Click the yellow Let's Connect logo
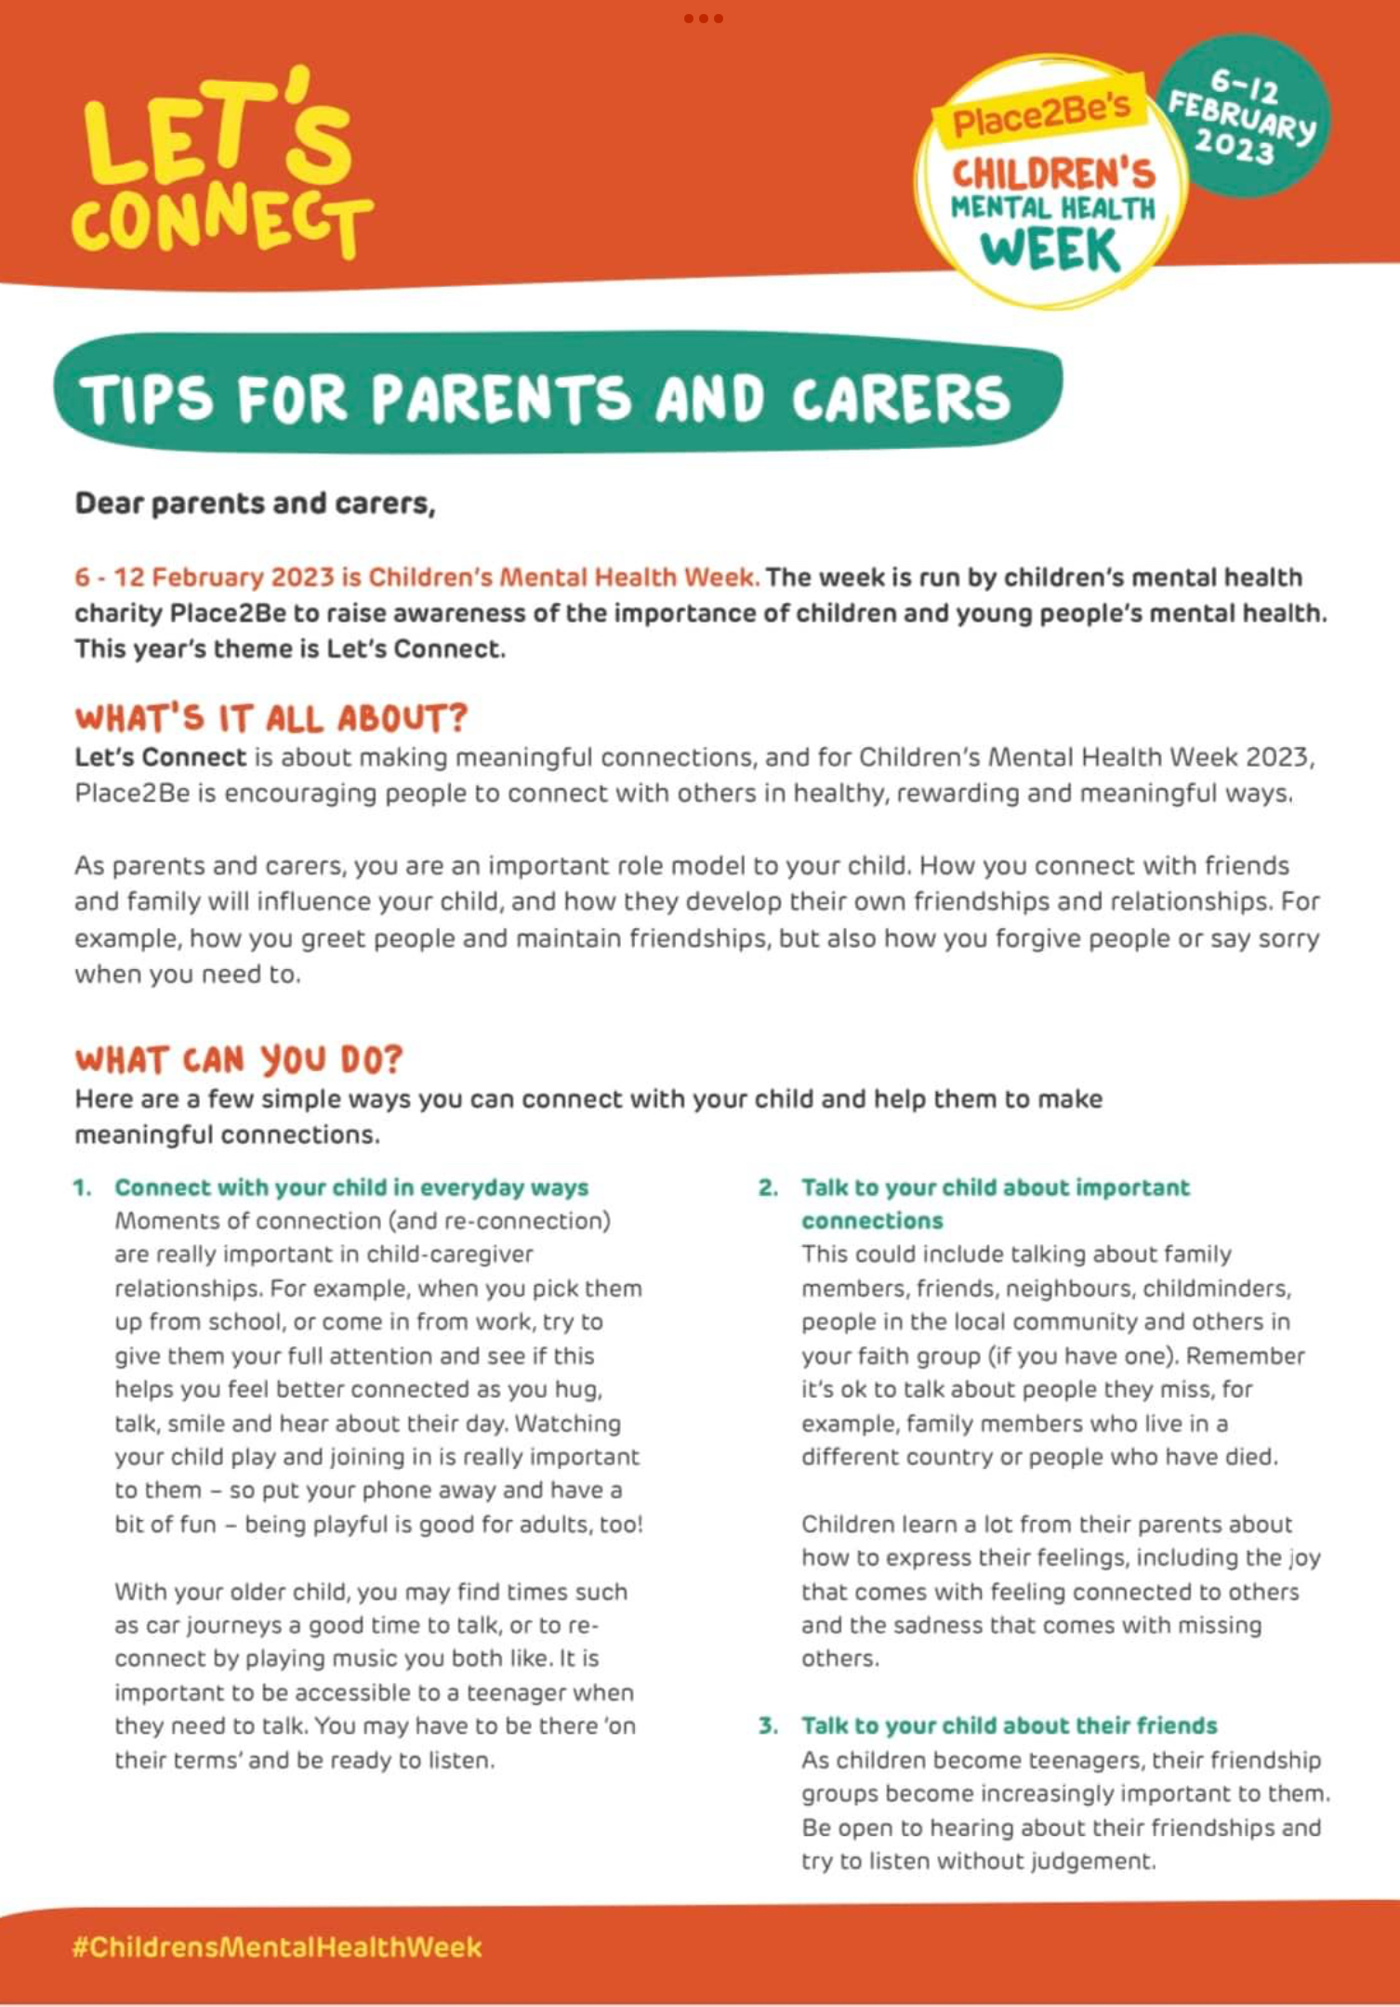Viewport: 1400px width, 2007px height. pos(221,165)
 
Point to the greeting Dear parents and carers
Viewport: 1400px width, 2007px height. pos(255,504)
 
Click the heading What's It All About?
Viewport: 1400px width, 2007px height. pos(271,718)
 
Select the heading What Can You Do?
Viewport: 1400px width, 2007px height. pos(239,1059)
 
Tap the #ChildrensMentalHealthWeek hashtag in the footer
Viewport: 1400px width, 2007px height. pos(277,1947)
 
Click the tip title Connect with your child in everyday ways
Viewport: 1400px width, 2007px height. pos(351,1187)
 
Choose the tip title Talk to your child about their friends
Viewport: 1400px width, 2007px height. pos(1009,1725)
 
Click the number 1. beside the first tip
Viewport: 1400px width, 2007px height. pos(83,1187)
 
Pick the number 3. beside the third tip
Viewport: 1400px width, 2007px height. pos(768,1725)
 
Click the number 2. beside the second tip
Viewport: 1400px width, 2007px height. pos(768,1187)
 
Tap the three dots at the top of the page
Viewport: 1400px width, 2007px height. pos(703,19)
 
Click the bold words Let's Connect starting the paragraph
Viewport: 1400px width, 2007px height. pos(160,757)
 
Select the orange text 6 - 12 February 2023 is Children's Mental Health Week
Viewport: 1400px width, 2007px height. pos(416,577)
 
